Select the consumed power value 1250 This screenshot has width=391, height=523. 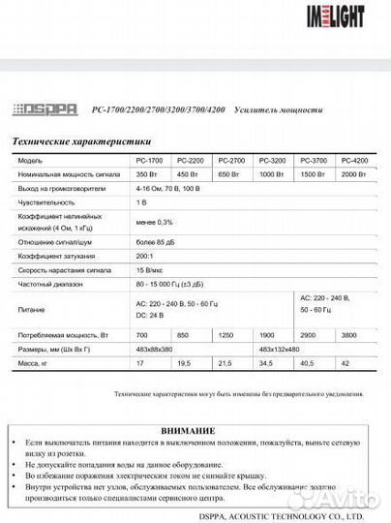point(226,331)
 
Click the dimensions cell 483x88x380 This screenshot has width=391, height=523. point(155,346)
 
